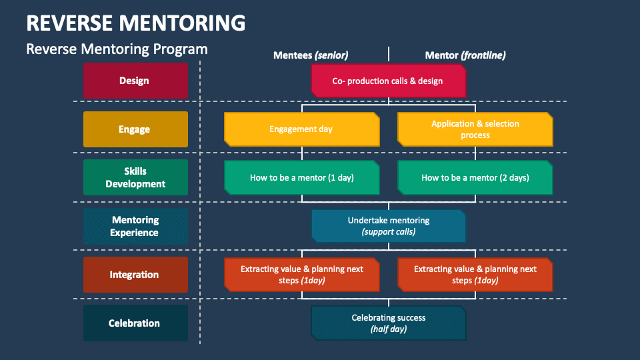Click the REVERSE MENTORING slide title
click(x=136, y=22)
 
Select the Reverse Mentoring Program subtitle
click(x=117, y=49)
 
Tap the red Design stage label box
click(x=135, y=81)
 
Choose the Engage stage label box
click(x=135, y=129)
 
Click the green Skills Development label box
click(x=135, y=178)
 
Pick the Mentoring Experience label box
click(x=135, y=226)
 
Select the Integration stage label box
click(x=135, y=275)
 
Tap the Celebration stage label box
click(x=135, y=323)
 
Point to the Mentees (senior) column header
click(x=311, y=55)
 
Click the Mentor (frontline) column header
click(x=465, y=55)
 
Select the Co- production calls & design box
click(x=388, y=81)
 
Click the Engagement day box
click(x=301, y=129)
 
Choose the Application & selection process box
click(x=475, y=129)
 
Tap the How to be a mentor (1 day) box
click(x=301, y=178)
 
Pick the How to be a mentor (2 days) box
click(x=475, y=178)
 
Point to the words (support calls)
click(x=389, y=232)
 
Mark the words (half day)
click(x=389, y=329)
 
